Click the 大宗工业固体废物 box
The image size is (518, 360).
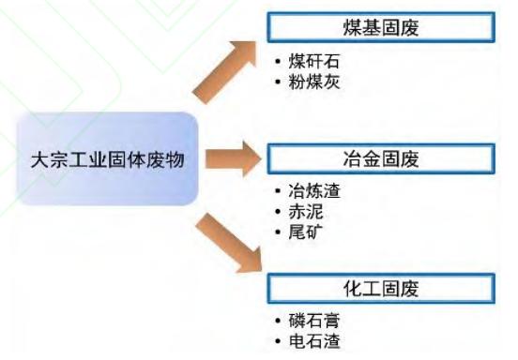tap(108, 159)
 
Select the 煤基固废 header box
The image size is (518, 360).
tap(381, 27)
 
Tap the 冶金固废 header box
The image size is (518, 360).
tap(381, 158)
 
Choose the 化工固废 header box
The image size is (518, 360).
tap(381, 289)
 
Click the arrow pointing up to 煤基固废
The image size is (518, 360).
tap(224, 71)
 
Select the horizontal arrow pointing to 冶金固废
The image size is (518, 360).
tap(234, 158)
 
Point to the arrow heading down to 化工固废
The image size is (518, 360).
tap(228, 244)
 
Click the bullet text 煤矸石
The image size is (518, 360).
tap(313, 62)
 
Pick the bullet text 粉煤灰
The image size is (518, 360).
tap(313, 82)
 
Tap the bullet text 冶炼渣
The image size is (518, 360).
tap(313, 191)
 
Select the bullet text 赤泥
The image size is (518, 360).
tap(306, 212)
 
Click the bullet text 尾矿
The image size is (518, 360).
tap(306, 232)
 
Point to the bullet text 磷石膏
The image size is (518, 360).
tap(313, 321)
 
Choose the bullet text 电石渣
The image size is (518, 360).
tap(313, 341)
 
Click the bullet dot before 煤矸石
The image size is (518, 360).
tap(278, 61)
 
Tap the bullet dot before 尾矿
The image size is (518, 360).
tap(278, 232)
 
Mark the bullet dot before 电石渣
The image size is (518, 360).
tap(278, 341)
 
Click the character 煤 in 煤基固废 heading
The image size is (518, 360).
tap(353, 27)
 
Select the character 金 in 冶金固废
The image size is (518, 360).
tap(372, 158)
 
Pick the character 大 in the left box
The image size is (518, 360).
tap(40, 160)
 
